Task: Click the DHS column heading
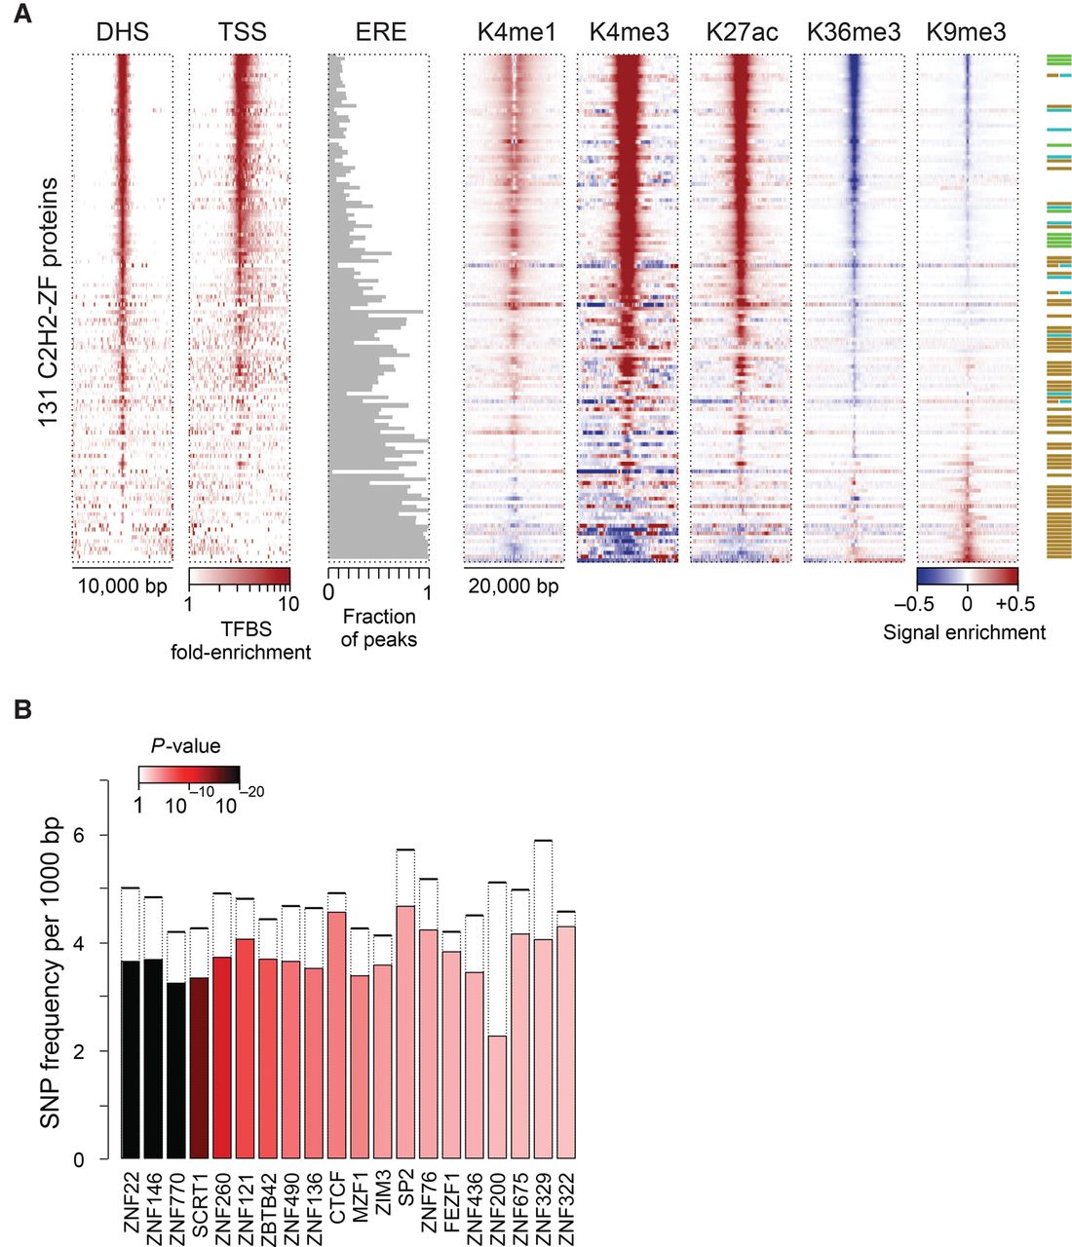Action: click(x=122, y=32)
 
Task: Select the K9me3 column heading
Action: click(x=966, y=32)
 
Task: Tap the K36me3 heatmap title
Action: click(x=854, y=32)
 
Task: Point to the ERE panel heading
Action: click(x=380, y=32)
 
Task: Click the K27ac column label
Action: click(x=742, y=32)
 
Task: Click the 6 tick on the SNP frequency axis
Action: click(x=78, y=836)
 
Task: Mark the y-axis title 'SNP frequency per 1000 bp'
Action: click(x=50, y=973)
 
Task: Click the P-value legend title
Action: click(x=187, y=746)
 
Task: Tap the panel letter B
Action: click(x=21, y=710)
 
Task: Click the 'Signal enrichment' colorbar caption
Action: click(x=964, y=632)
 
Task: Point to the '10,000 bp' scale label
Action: click(x=123, y=586)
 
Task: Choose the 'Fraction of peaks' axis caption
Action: click(x=379, y=628)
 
